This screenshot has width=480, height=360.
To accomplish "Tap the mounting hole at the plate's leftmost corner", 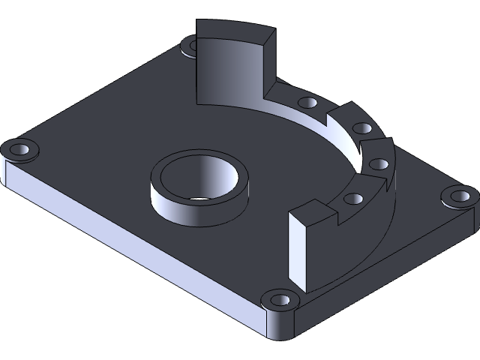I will point(21,149).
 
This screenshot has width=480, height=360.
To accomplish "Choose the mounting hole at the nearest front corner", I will point(281,301).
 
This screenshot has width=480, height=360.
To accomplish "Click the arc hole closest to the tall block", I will point(307,103).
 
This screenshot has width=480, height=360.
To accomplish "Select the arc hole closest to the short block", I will point(352,199).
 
